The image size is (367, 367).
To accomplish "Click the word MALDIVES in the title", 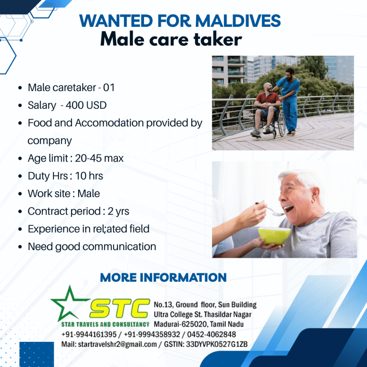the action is tap(238, 21).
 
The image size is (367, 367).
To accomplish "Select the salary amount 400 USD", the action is tap(86, 105).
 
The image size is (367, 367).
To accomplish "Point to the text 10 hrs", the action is tap(89, 176).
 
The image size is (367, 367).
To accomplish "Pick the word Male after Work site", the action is tap(89, 194).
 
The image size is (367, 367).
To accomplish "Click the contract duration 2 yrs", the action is tap(118, 211).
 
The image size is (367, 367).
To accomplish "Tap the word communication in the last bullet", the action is tap(119, 247).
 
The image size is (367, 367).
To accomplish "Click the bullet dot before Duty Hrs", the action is tap(20, 176).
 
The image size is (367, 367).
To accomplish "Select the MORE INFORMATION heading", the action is tap(163, 277).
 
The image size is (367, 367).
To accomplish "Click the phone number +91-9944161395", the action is tap(89, 334).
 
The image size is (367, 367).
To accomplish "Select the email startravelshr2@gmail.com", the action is tap(117, 344).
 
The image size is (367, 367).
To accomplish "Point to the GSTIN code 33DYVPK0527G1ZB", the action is tap(217, 344).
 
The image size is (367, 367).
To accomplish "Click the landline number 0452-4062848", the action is tap(211, 334).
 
